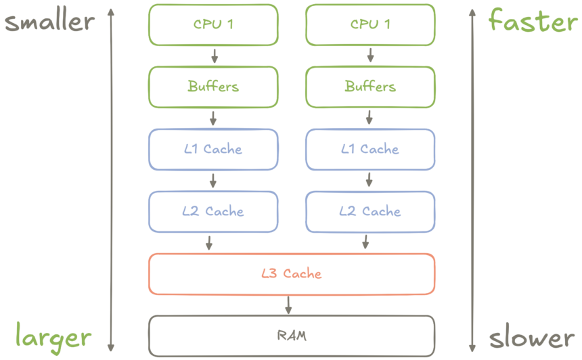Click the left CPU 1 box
212,24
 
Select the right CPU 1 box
370,24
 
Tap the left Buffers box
212,87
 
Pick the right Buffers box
370,87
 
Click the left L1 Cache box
212,149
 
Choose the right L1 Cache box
370,149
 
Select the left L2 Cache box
212,211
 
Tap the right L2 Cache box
370,211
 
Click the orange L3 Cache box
291,273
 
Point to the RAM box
291,336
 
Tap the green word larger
53,336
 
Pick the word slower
531,338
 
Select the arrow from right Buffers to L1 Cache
370,118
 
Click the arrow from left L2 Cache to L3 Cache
209,242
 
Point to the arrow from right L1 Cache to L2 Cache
370,180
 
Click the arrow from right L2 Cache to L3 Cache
366,242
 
